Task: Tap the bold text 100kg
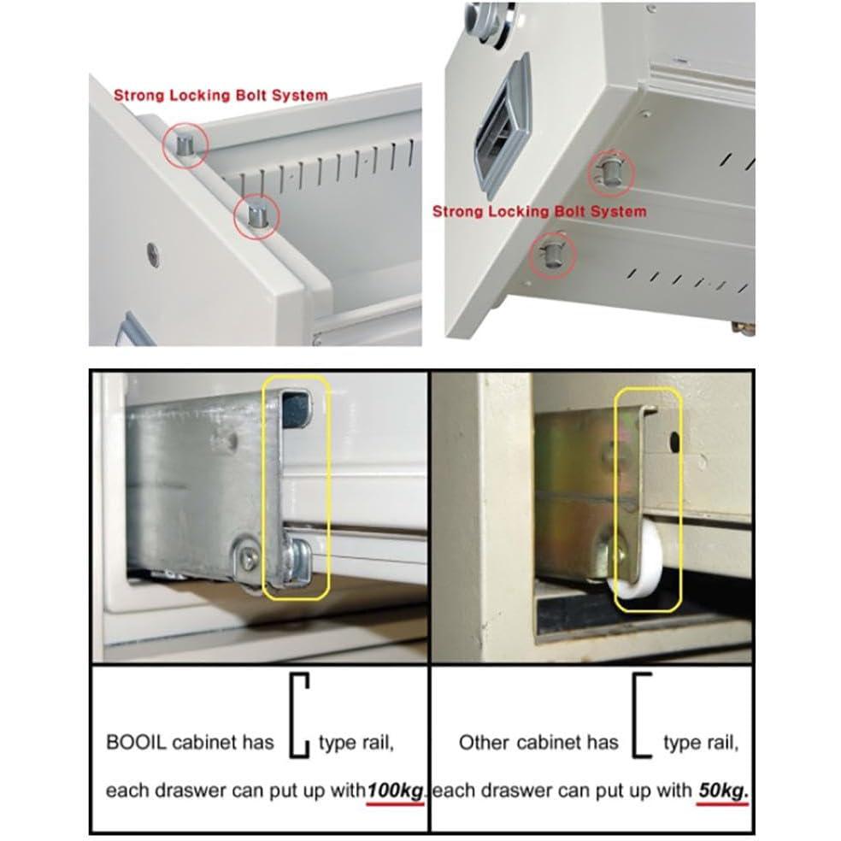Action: [395, 791]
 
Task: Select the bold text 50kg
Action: [723, 791]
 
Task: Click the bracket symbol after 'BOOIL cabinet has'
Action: [299, 715]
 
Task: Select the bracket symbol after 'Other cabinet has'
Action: [642, 715]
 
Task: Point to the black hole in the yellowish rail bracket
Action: [674, 442]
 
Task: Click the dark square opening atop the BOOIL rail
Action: [296, 409]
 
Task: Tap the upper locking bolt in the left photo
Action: [186, 144]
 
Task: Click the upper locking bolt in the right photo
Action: [610, 172]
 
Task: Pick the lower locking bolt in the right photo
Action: [552, 254]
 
